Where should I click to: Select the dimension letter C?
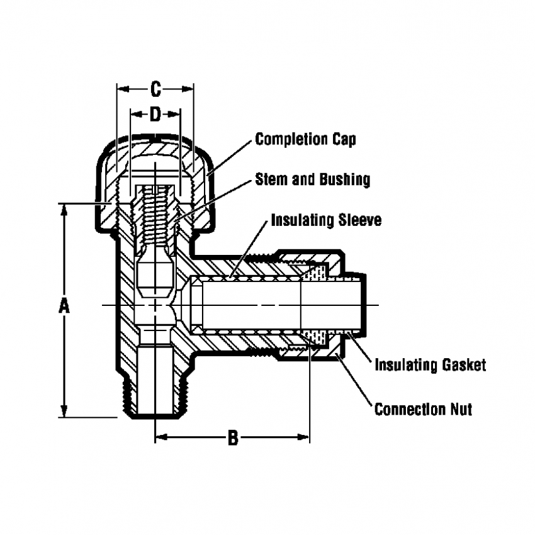[155, 90]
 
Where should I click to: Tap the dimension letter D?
[155, 114]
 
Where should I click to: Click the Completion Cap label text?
[305, 139]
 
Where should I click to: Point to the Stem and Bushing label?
[312, 179]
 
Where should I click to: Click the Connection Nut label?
[423, 410]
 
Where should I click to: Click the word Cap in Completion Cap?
[344, 139]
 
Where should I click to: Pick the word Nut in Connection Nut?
[459, 410]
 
